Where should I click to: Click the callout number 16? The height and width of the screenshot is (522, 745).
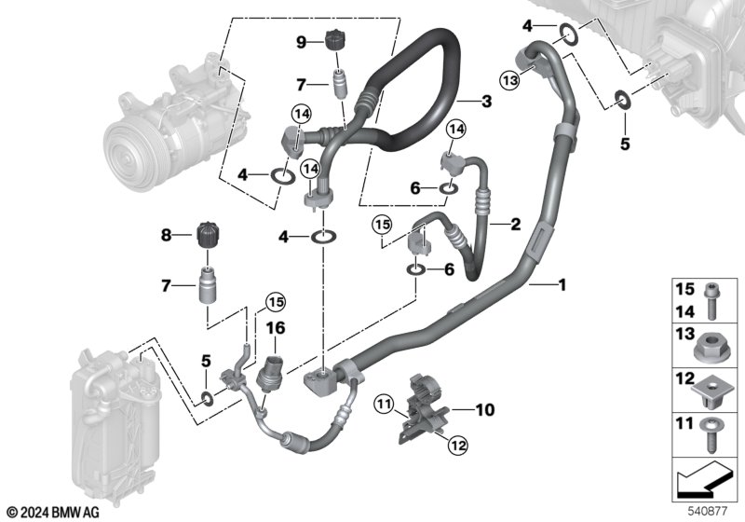coord(276,327)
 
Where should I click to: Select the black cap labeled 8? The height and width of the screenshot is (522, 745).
coord(208,235)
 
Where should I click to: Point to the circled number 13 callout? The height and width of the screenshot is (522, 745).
coord(509,80)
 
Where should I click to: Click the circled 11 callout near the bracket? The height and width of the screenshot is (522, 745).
coord(384,405)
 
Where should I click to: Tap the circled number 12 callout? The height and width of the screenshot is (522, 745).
coord(458,446)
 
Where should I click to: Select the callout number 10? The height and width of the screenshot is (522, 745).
coord(484,409)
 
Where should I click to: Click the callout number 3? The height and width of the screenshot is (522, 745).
coord(486,101)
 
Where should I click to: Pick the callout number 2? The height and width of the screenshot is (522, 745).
coord(516,224)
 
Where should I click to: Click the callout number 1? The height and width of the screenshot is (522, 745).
coord(562,285)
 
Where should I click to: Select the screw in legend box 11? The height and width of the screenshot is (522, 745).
coord(709,435)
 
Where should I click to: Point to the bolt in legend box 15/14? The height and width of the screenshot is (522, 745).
coord(711,300)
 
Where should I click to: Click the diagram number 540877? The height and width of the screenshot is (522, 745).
coord(708,511)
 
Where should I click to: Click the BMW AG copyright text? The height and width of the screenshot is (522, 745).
coord(54,513)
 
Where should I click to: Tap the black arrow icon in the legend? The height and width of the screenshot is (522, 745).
coord(704,479)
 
